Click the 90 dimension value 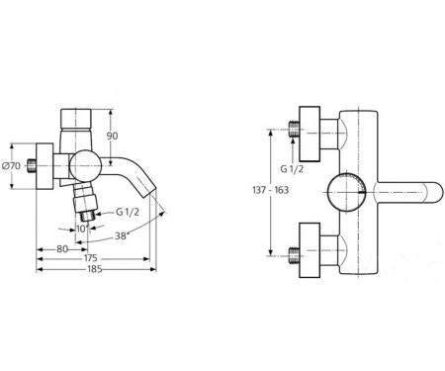click(x=112, y=136)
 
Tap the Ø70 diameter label click(x=12, y=166)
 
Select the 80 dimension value click(x=62, y=249)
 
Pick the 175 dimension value click(x=91, y=257)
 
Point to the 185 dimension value click(x=95, y=269)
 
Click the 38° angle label click(x=122, y=235)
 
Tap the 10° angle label click(x=82, y=229)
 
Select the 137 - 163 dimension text click(x=270, y=190)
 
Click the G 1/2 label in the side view click(x=128, y=212)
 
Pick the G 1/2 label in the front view click(x=292, y=168)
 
